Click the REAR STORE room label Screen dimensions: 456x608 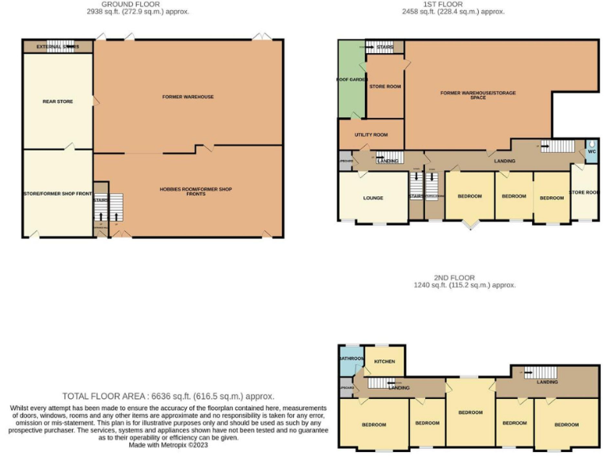pyautogui.click(x=57, y=101)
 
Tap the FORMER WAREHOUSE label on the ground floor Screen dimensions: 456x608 pyautogui.click(x=188, y=97)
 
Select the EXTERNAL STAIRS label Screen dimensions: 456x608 pyautogui.click(x=58, y=47)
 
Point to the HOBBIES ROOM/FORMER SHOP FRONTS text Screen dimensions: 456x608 pyautogui.click(x=196, y=191)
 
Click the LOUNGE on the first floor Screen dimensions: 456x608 pyautogui.click(x=373, y=198)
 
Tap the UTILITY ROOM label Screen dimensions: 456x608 pyautogui.click(x=370, y=135)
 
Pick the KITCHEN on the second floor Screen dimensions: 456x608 pyautogui.click(x=385, y=362)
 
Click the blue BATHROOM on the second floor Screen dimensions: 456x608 pyautogui.click(x=351, y=359)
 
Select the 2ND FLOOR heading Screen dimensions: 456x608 pyautogui.click(x=454, y=278)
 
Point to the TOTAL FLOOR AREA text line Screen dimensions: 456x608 pyautogui.click(x=169, y=396)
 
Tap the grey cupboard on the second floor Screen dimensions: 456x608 pyautogui.click(x=347, y=387)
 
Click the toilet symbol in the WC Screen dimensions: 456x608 pyautogui.click(x=591, y=144)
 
